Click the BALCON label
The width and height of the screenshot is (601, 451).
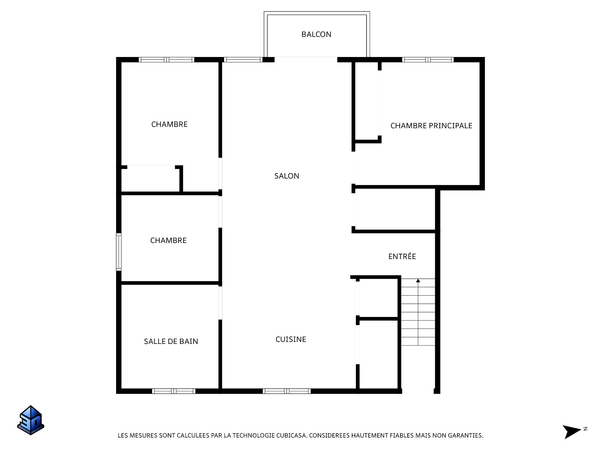[316, 34]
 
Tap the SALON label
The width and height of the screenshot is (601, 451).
[287, 176]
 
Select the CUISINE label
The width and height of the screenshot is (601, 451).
[291, 339]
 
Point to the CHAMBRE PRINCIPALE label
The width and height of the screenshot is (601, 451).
[431, 126]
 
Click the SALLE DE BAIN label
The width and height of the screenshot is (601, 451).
[171, 341]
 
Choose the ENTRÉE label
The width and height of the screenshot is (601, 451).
[402, 256]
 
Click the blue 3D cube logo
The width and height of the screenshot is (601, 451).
[31, 420]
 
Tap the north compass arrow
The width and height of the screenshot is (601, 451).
[572, 432]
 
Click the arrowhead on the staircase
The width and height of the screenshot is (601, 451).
[418, 281]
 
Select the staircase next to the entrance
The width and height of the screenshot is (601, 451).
[418, 312]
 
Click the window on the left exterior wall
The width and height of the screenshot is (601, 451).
[119, 252]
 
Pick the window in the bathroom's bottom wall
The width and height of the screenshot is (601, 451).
[174, 391]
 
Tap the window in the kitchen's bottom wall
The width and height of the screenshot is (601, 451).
[287, 391]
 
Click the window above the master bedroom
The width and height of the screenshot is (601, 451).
[428, 60]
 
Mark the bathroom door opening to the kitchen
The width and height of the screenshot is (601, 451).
[220, 303]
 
